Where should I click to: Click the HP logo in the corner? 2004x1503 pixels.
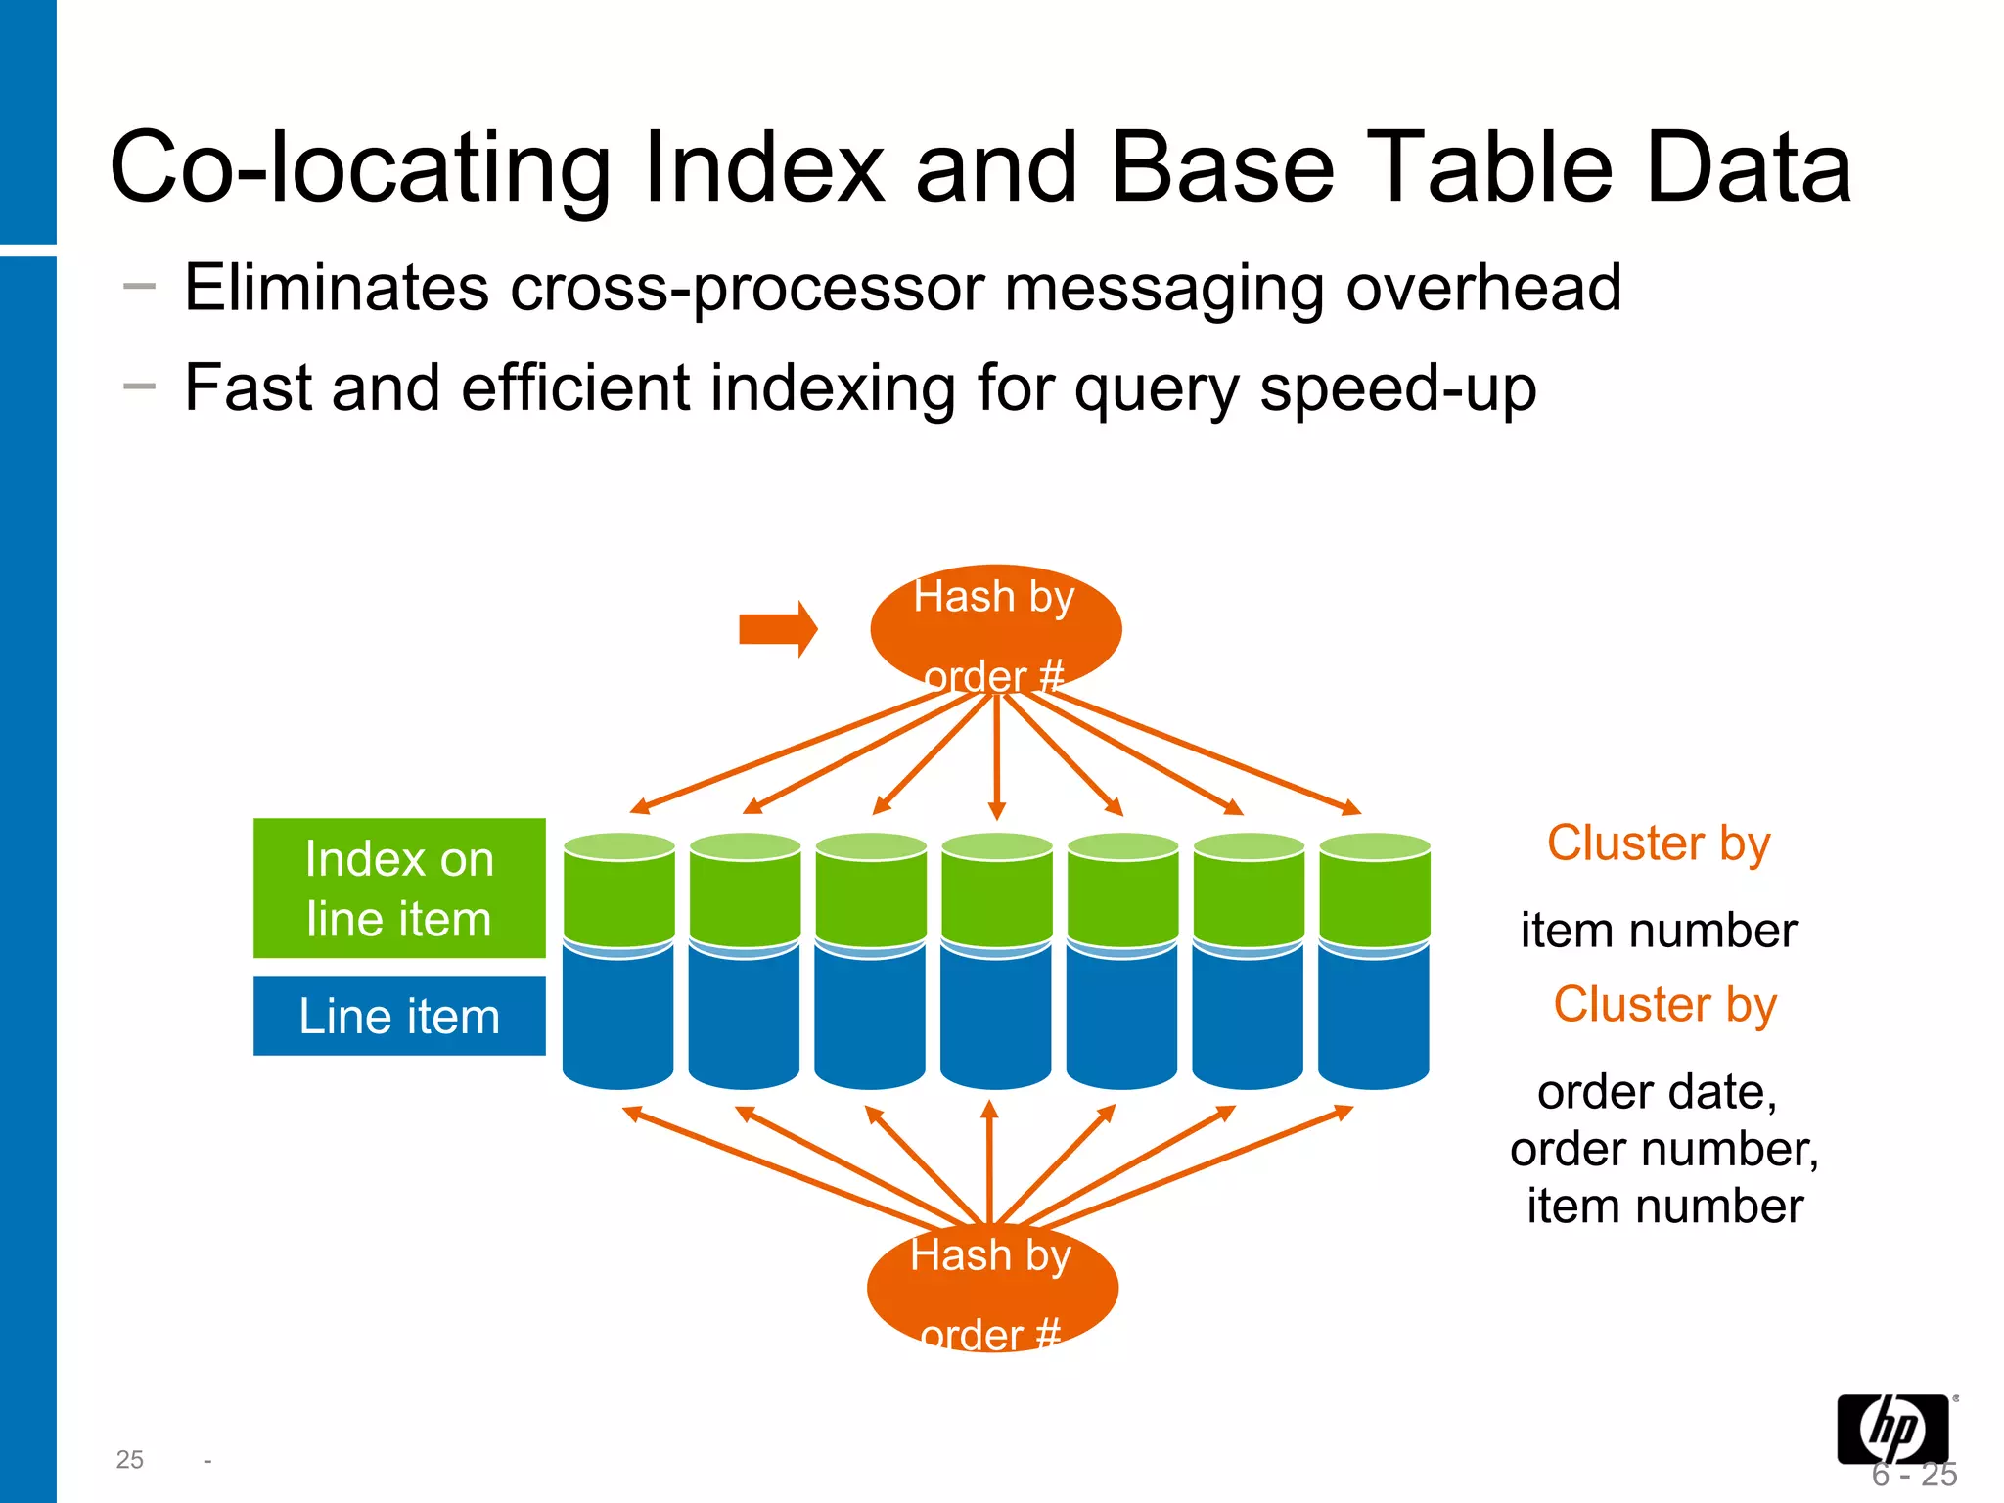click(1892, 1429)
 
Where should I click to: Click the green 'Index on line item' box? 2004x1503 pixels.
click(399, 888)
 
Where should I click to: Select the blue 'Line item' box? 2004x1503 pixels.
click(399, 1016)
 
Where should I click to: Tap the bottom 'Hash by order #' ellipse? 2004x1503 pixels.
click(992, 1288)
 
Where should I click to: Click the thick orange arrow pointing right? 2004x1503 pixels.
click(778, 629)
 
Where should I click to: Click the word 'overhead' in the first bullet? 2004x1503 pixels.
click(1483, 288)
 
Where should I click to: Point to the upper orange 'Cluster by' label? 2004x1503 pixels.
click(1659, 843)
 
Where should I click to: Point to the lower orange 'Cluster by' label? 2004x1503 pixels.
click(1664, 1005)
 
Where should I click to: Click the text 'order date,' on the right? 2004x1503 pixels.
click(1657, 1092)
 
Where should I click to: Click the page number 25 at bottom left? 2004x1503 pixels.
click(129, 1460)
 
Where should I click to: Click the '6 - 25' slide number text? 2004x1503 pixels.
click(1914, 1475)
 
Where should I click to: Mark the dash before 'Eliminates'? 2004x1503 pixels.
click(140, 286)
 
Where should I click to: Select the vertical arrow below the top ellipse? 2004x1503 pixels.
click(996, 758)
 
